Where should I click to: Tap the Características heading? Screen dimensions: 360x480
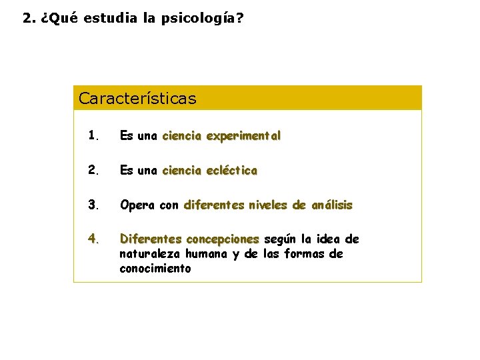(x=137, y=99)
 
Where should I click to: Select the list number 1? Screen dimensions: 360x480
(x=93, y=136)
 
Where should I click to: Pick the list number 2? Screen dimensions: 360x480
(x=93, y=171)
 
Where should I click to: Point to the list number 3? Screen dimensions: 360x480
(x=93, y=205)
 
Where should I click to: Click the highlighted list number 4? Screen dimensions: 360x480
(x=93, y=239)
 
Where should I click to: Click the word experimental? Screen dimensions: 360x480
(x=243, y=136)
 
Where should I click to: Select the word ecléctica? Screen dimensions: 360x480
(x=231, y=171)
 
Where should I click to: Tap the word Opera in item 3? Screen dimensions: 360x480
(x=137, y=205)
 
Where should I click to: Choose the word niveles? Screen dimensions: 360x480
(x=270, y=205)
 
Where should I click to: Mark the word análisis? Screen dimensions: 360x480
(x=331, y=205)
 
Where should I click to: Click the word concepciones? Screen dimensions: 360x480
(x=223, y=239)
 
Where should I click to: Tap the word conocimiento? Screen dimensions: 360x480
(x=155, y=269)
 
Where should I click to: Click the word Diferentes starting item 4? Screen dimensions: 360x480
(x=151, y=239)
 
